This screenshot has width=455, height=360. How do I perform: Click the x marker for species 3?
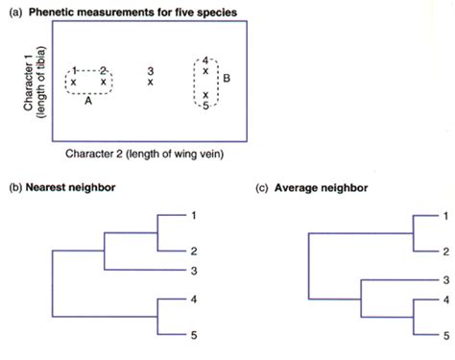(151, 83)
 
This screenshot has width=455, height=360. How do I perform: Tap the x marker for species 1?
(74, 83)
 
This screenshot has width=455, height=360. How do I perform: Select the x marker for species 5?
(205, 94)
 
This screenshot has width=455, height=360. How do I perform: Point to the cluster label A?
(88, 100)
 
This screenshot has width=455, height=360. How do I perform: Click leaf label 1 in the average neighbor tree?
(444, 217)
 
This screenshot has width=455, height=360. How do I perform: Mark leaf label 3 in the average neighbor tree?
(444, 279)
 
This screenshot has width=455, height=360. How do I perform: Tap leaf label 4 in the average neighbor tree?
(444, 301)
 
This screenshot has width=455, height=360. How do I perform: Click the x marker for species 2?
(104, 83)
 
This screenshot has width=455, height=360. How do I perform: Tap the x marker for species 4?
(205, 72)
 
